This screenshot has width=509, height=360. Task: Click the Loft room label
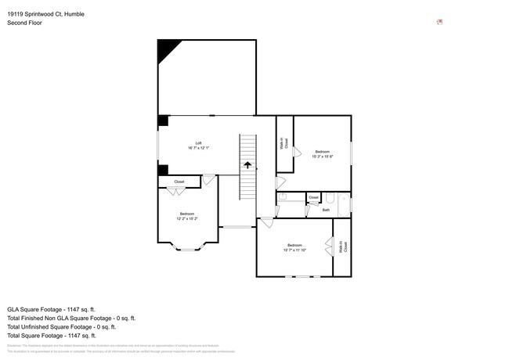199,142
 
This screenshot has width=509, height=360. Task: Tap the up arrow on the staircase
247,165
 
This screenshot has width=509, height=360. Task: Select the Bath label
326,210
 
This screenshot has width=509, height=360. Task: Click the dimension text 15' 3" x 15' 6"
323,157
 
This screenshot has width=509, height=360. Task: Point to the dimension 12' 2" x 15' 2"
186,219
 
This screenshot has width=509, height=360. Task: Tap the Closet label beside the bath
313,197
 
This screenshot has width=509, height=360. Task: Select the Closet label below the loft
179,182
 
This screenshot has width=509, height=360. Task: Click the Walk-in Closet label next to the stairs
284,143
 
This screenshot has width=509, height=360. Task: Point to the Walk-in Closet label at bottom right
342,247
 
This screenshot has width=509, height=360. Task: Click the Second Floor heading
25,23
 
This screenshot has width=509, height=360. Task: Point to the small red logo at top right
440,21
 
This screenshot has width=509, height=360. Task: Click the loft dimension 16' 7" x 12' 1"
199,148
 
